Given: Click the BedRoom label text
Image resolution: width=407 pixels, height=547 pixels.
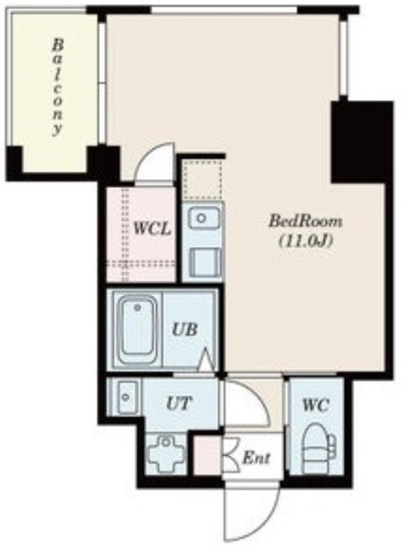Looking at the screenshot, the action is pos(306,221).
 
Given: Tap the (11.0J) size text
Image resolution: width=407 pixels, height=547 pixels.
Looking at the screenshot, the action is pos(305,241).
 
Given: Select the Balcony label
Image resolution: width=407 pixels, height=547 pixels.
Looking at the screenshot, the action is pos(58,88).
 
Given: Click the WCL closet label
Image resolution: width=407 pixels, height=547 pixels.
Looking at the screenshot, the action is pos(152,229).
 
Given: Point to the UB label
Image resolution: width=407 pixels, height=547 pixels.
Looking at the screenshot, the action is pos(185,329).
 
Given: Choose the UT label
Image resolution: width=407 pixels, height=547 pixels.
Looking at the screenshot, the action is pos(179,403).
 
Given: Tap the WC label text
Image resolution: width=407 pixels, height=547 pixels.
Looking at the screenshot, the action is pos(316,405).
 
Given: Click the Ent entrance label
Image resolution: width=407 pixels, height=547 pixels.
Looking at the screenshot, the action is pos(256,457).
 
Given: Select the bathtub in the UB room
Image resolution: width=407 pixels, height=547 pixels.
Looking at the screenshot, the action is pos(136,330).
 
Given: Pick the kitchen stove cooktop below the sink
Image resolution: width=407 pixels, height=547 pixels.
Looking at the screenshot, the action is pos(205,261).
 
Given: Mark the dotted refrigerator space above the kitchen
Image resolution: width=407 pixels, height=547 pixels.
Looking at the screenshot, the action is pos(203,180).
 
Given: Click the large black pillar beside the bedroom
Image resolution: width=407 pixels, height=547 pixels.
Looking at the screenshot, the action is pos(361,142).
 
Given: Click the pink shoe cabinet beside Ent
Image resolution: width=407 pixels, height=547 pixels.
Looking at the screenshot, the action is pos(207,455).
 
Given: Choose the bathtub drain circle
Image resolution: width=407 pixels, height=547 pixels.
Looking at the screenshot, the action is pos(138,308).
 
